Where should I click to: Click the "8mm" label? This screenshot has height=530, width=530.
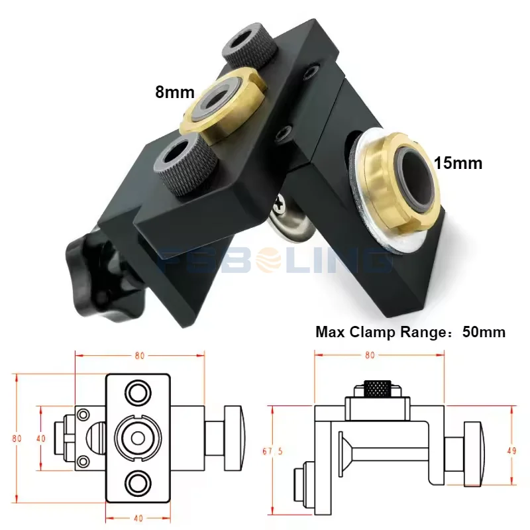click(173, 92)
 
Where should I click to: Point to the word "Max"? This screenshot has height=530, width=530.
click(329, 332)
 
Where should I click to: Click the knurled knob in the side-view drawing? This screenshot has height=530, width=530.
click(376, 389)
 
